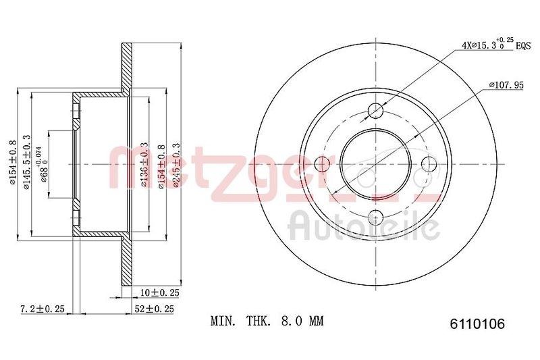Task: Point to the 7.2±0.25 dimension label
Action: pyautogui.click(x=41, y=309)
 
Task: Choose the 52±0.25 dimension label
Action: pyautogui.click(x=154, y=309)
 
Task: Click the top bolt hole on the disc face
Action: pyautogui.click(x=377, y=110)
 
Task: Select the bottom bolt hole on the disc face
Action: pyautogui.click(x=377, y=216)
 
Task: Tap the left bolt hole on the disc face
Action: pyautogui.click(x=323, y=163)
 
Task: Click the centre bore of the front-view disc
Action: pyautogui.click(x=376, y=163)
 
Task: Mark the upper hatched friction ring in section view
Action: pyautogui.click(x=126, y=68)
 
